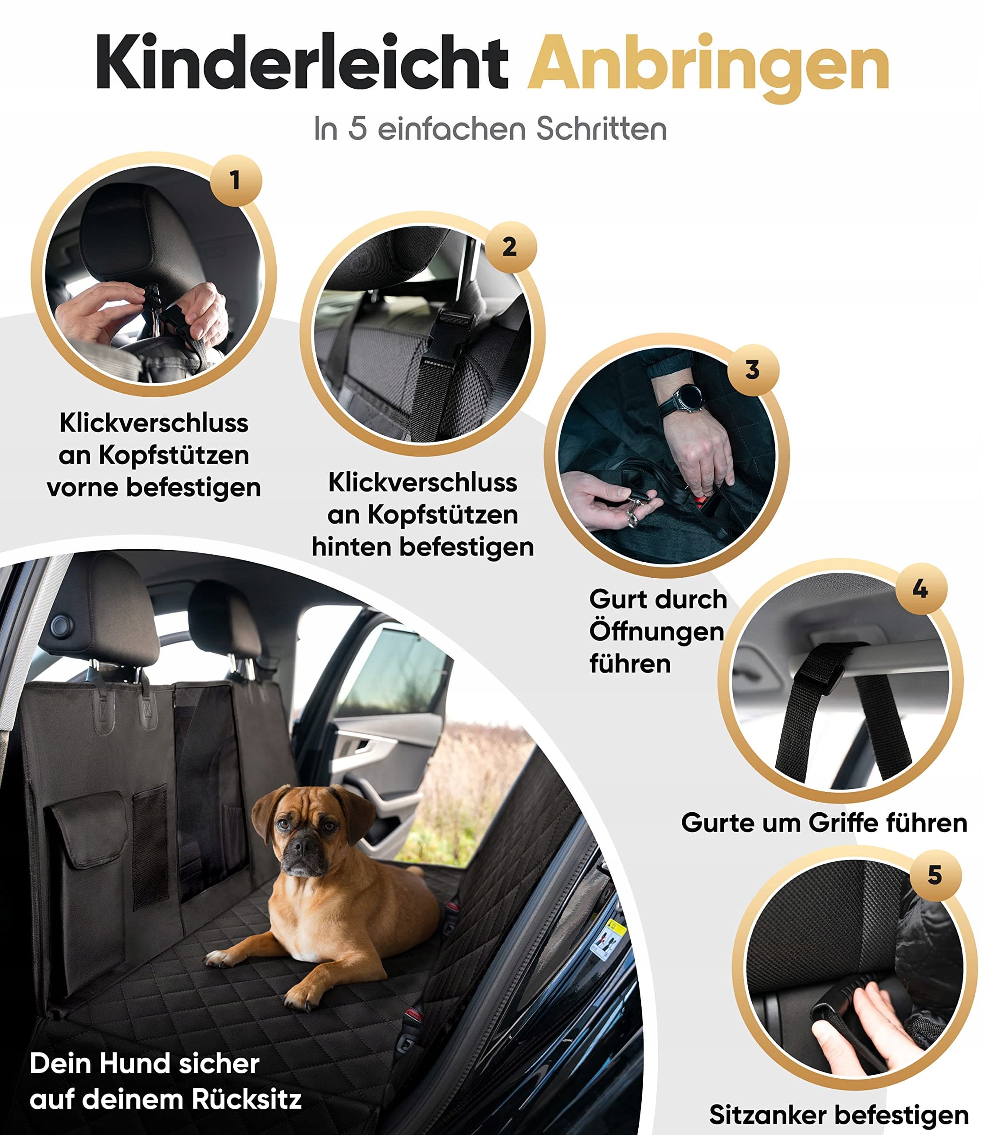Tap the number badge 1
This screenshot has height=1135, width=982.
point(236,180)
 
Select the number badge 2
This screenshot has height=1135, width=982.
point(510,247)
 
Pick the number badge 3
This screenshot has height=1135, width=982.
point(753,370)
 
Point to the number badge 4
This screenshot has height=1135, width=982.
point(921,589)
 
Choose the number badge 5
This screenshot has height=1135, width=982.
point(935,875)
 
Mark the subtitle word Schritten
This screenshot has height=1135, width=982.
point(601,129)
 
